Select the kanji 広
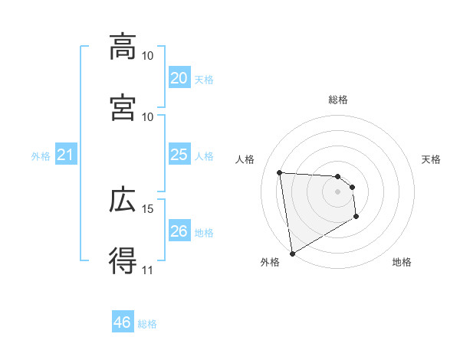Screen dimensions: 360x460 [x=123, y=201]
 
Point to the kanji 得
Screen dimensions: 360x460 [x=123, y=260]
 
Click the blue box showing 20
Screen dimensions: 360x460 [x=179, y=77]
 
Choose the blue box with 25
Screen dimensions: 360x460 [x=179, y=155]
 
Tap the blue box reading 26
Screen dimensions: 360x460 [x=179, y=231]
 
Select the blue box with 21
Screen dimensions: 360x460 [x=65, y=155]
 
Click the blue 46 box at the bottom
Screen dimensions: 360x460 [x=123, y=322]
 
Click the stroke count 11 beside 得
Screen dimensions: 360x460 [x=147, y=269]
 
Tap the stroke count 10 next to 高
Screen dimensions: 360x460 [x=147, y=56]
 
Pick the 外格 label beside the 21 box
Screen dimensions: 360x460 [x=41, y=156]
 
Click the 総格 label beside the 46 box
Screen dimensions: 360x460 [x=147, y=323]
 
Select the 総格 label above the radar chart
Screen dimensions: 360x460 [x=338, y=100]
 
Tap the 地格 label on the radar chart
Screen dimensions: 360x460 [x=402, y=262]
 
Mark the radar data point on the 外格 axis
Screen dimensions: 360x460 [x=292, y=253]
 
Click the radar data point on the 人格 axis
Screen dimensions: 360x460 [x=280, y=172]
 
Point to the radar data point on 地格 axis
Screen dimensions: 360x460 [x=356, y=218]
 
